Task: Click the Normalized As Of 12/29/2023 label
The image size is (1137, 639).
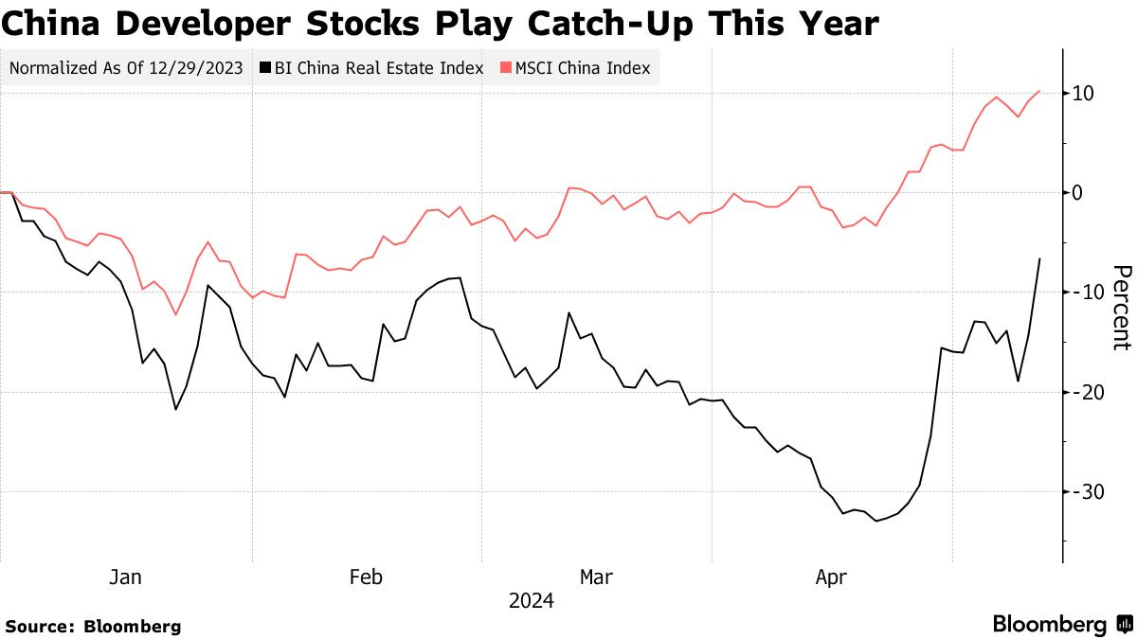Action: pyautogui.click(x=127, y=68)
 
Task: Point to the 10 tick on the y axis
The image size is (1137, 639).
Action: pyautogui.click(x=1084, y=93)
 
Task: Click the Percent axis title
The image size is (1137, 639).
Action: pyautogui.click(x=1121, y=308)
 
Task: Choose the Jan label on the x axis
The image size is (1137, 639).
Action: pyautogui.click(x=126, y=577)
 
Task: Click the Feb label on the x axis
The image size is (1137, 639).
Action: pyautogui.click(x=366, y=577)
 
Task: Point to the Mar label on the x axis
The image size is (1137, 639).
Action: pyautogui.click(x=596, y=577)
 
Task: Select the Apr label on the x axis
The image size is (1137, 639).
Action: pyautogui.click(x=832, y=577)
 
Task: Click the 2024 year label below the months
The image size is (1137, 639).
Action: pyautogui.click(x=532, y=601)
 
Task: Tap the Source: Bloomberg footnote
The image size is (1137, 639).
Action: pyautogui.click(x=93, y=626)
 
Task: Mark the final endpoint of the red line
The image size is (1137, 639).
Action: pyautogui.click(x=1040, y=91)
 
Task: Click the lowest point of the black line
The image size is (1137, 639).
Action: pyautogui.click(x=875, y=521)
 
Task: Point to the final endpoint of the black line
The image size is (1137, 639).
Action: pyautogui.click(x=1040, y=258)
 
